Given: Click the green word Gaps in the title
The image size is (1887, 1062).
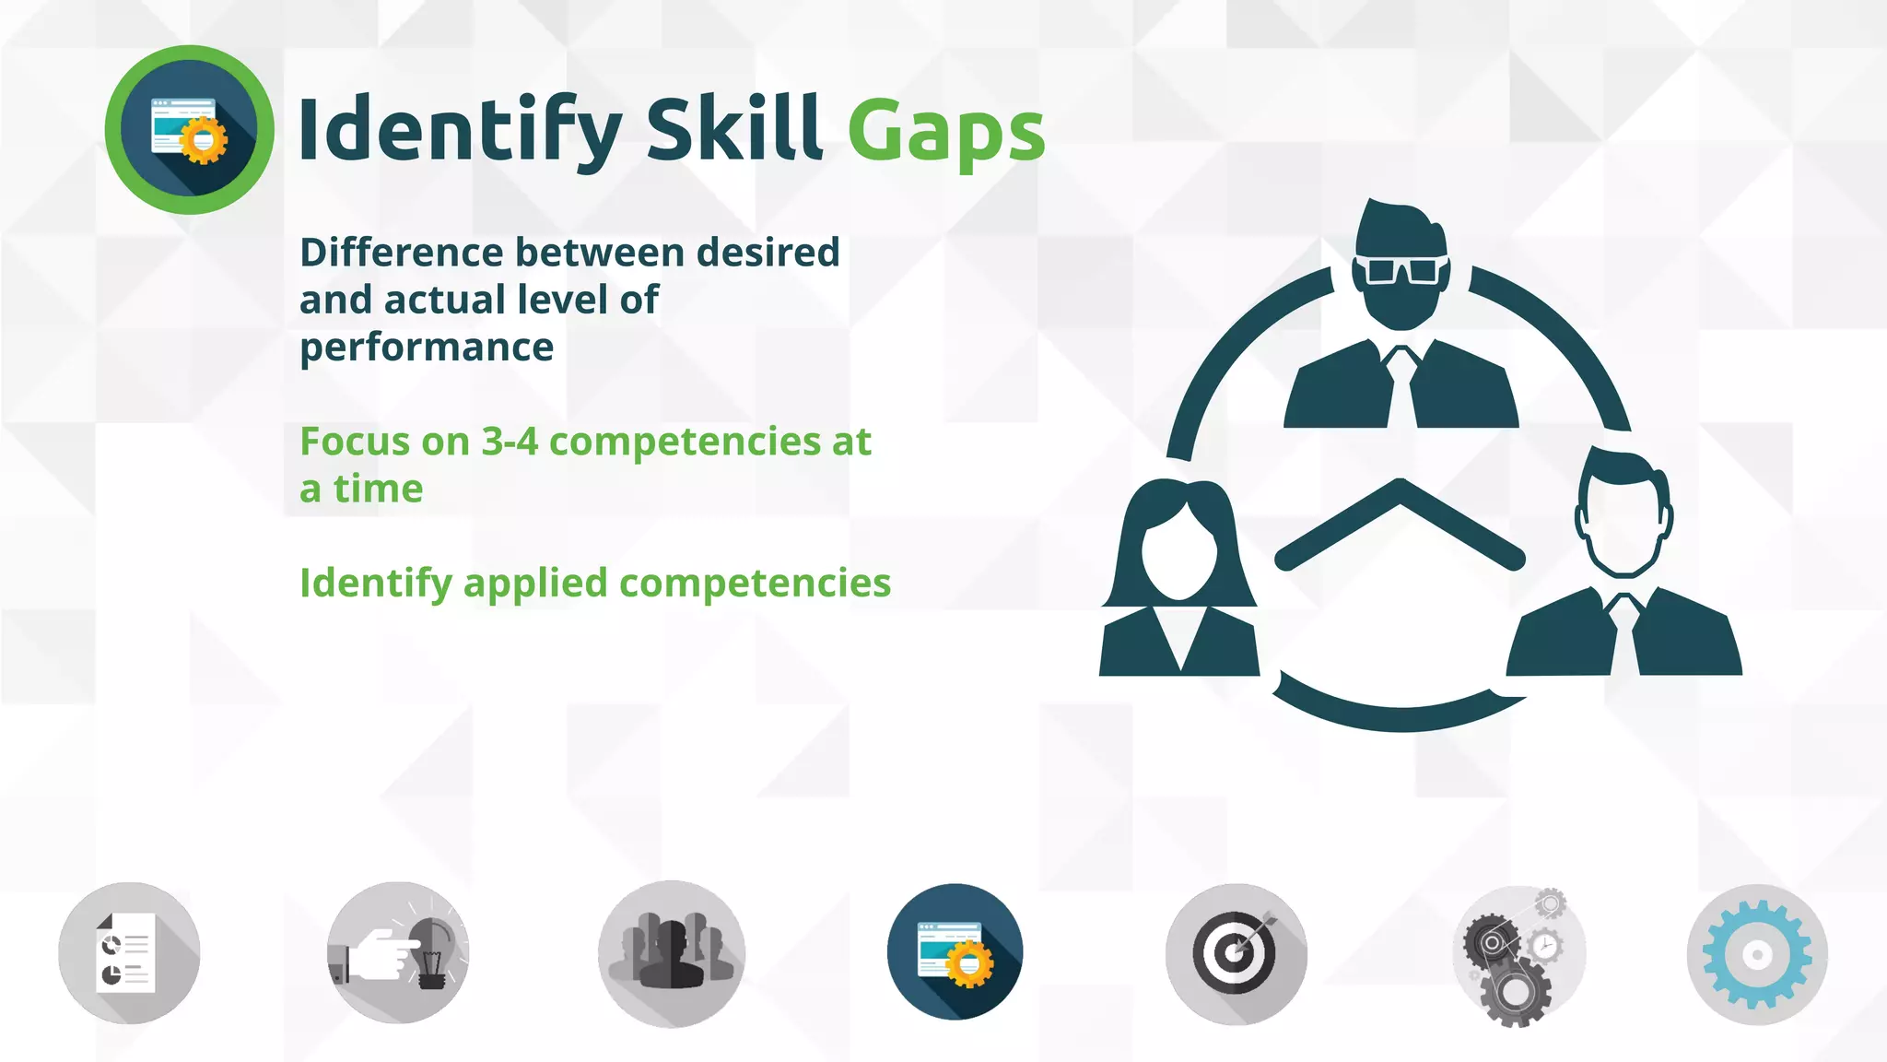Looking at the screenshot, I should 945,132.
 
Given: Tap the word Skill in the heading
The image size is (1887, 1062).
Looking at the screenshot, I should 733,128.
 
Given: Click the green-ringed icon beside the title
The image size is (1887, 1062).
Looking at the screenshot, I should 189,130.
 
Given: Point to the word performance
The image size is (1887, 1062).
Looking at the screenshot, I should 427,348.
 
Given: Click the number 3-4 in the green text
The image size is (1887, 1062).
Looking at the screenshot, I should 510,442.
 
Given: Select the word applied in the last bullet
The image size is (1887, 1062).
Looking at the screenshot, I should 535,584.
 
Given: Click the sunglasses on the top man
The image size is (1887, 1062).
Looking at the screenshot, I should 1401,270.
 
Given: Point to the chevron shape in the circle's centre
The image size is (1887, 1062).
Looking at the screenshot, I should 1400,525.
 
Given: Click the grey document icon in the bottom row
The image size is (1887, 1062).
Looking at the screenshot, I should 129,953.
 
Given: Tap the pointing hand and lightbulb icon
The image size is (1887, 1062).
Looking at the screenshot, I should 398,953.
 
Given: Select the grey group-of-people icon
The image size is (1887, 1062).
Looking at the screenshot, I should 671,953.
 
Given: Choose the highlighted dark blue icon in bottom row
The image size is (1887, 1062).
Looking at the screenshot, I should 955,952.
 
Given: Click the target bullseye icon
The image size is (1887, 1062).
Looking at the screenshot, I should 1236,953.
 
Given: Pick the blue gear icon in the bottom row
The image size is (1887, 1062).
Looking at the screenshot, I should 1757,954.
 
